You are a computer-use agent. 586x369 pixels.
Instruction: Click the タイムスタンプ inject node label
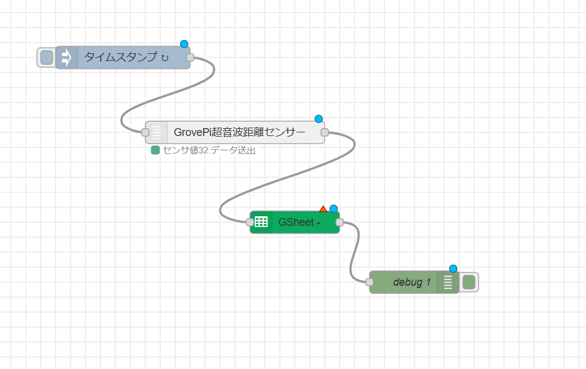[126, 58]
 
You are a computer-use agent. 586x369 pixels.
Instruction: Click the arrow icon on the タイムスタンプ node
[66, 58]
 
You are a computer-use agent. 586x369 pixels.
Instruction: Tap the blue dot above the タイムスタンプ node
[184, 44]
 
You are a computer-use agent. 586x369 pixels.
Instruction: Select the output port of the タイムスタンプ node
[190, 58]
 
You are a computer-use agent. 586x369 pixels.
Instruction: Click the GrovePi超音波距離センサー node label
[239, 132]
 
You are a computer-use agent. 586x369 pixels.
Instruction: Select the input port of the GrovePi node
[145, 132]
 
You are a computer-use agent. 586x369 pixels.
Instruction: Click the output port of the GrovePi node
[325, 132]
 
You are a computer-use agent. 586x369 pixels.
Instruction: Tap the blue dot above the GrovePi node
[319, 119]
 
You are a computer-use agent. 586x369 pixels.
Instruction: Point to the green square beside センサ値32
[155, 150]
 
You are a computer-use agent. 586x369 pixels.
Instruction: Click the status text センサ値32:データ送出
[209, 150]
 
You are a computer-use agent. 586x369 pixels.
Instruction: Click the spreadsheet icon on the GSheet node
[261, 222]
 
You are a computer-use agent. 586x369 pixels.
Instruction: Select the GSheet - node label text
[300, 222]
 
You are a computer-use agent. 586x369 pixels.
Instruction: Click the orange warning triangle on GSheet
[323, 209]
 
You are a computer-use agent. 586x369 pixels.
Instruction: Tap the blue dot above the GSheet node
[334, 209]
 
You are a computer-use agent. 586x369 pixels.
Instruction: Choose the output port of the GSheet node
[340, 222]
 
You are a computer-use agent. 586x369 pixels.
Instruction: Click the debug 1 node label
[411, 282]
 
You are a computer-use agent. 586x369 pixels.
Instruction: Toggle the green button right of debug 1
[469, 282]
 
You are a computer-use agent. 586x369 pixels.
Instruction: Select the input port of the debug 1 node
[370, 282]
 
